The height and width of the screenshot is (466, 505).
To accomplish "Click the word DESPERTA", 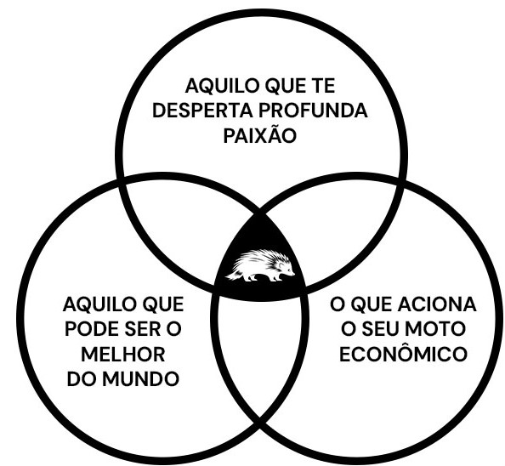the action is click(x=203, y=111).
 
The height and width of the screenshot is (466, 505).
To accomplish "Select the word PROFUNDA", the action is click(x=313, y=111).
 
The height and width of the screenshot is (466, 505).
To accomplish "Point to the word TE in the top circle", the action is click(x=322, y=86).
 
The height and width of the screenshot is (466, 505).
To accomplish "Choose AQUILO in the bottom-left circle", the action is click(x=101, y=304).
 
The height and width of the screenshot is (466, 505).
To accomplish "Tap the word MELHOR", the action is click(x=123, y=355).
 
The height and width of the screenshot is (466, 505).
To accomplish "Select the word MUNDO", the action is click(x=141, y=379).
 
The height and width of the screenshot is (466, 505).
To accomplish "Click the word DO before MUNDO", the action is click(x=82, y=379).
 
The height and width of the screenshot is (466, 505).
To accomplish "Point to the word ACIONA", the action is click(x=437, y=304).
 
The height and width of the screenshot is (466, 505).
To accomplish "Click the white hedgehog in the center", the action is click(x=260, y=265).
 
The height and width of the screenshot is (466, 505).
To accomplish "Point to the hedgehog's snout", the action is click(x=292, y=274).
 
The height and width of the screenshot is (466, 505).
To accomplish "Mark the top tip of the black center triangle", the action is click(x=259, y=214).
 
